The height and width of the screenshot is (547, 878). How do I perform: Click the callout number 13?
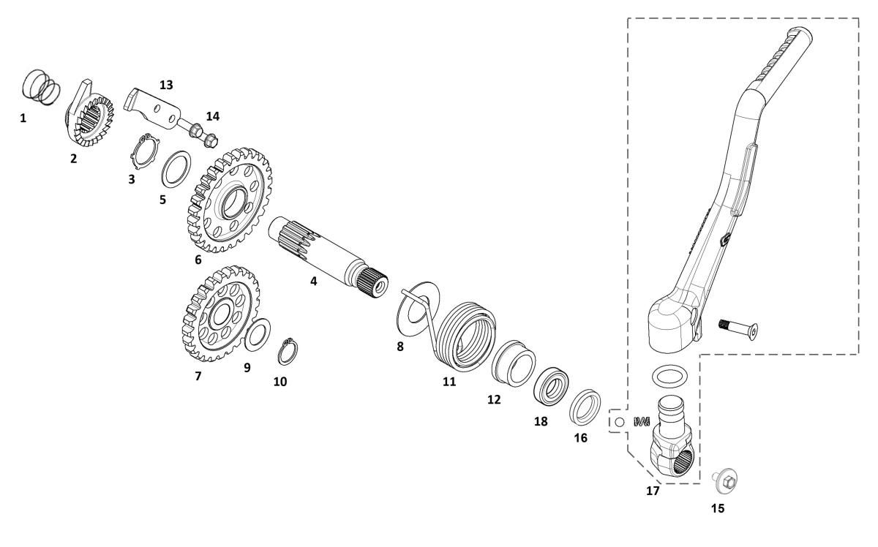[166, 85]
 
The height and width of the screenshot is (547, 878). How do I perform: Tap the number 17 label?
[653, 491]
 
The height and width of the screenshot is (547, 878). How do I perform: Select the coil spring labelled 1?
[41, 87]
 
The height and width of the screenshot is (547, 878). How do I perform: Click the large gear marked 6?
[230, 200]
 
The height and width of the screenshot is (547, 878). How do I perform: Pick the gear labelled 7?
[221, 314]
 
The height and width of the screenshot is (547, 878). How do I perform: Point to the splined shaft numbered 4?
[329, 256]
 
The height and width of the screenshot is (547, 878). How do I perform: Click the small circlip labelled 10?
[288, 352]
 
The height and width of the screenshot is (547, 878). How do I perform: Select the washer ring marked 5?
[176, 169]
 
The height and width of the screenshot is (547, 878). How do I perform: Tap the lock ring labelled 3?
[145, 151]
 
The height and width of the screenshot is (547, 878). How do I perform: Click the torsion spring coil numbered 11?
[466, 336]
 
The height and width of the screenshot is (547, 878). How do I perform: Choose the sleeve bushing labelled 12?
[514, 363]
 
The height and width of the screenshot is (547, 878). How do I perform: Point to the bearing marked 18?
[551, 386]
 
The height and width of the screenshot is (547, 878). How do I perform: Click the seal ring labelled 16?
[585, 407]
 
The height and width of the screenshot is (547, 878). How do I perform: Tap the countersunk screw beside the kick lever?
[738, 330]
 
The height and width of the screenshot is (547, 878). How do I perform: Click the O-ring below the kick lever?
[669, 376]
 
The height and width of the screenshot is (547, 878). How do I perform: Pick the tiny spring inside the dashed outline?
[642, 422]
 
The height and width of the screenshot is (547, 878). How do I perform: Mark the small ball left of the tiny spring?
[619, 422]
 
